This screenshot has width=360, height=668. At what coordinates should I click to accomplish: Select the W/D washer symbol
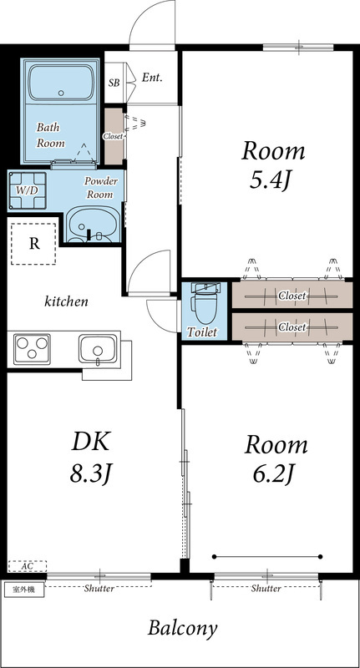[x=26, y=189]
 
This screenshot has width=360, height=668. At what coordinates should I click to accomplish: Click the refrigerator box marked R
[x=33, y=244]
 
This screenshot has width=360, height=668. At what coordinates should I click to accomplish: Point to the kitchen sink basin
[x=96, y=347]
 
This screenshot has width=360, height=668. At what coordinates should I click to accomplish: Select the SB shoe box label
[x=114, y=83]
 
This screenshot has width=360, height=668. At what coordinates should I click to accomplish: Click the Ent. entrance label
[x=151, y=78]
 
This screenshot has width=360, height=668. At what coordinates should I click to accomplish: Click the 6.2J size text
[x=272, y=473]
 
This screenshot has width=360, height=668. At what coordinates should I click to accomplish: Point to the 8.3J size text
[x=90, y=473]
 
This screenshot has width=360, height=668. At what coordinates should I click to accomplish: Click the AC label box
[x=27, y=565]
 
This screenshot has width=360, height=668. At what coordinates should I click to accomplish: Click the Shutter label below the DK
[x=99, y=588]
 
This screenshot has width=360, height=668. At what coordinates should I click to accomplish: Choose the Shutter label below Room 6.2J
[x=266, y=588]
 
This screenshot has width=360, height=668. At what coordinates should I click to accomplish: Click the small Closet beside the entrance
[x=113, y=135]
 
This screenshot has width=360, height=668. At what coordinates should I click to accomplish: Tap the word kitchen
[x=67, y=301]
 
